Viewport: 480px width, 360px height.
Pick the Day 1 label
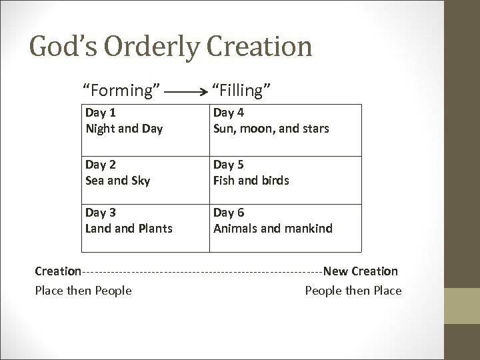(x=99, y=113)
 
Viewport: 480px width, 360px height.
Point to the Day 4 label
(x=227, y=113)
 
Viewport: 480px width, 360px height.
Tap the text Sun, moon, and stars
(x=271, y=128)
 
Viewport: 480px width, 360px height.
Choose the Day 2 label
(x=99, y=165)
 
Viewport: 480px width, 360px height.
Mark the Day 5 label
(x=227, y=165)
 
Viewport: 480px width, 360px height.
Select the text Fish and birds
(x=251, y=180)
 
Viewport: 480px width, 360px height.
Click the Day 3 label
(x=99, y=213)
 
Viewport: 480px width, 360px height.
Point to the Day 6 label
(x=227, y=213)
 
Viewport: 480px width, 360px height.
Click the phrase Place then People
(x=83, y=290)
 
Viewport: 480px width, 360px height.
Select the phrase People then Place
(x=353, y=290)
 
